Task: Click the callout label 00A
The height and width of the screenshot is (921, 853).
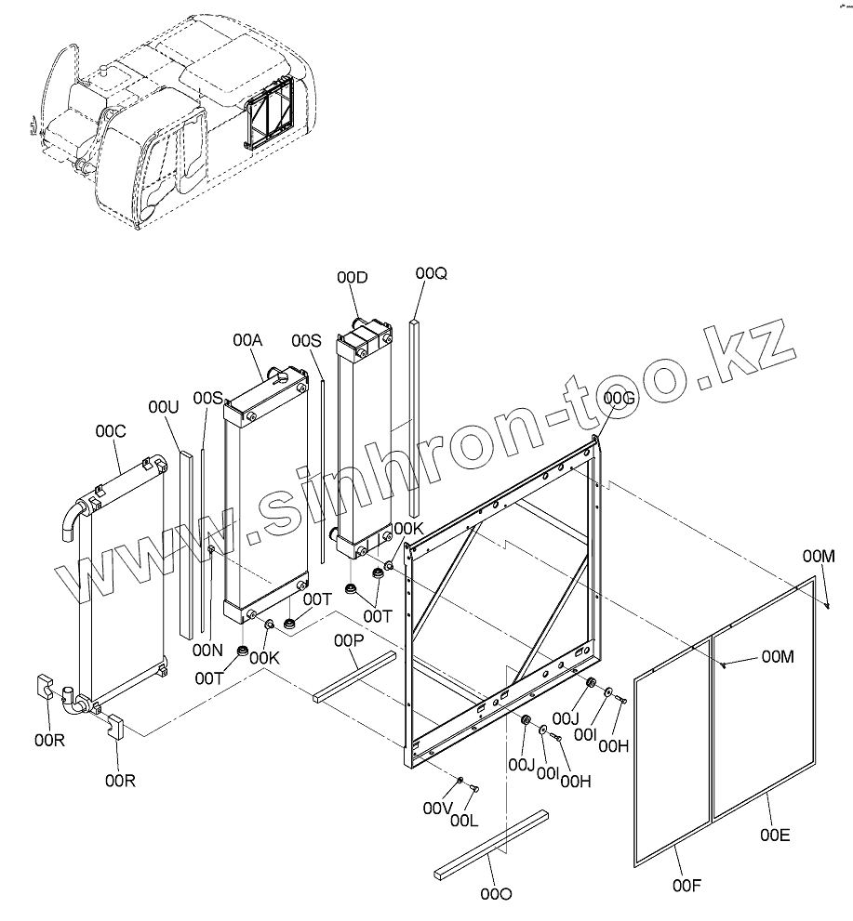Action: tap(247, 341)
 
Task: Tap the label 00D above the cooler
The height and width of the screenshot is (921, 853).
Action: tap(353, 277)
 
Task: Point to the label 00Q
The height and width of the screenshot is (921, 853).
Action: tap(432, 272)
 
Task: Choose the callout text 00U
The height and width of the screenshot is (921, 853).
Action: tap(163, 407)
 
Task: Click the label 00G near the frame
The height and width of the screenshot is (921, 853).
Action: tap(619, 399)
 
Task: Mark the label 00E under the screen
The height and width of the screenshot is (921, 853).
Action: tap(774, 835)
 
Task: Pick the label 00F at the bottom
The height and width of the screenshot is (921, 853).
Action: tap(686, 885)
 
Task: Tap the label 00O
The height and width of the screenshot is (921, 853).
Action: tap(496, 894)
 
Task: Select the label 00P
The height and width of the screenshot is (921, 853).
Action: tap(351, 640)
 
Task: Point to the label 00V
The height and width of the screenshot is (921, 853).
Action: tap(437, 809)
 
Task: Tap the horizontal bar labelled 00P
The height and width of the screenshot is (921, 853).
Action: tap(354, 676)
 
